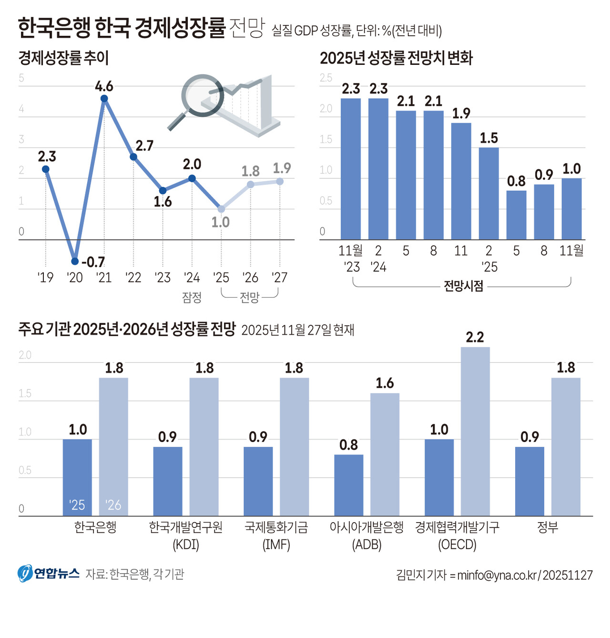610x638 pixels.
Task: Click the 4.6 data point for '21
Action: [x=104, y=99]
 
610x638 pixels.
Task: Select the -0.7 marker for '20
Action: [x=75, y=261]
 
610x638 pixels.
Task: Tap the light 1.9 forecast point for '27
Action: [x=280, y=181]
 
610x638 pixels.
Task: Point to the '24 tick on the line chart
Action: [x=192, y=278]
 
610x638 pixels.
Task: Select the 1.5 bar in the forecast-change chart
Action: [x=488, y=193]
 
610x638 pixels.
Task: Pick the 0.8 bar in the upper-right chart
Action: [x=516, y=215]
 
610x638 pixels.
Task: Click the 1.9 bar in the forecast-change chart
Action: [x=461, y=181]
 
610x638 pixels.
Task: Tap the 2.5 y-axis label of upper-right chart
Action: [x=326, y=78]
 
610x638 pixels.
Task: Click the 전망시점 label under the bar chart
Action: [x=463, y=286]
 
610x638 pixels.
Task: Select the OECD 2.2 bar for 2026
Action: [x=475, y=432]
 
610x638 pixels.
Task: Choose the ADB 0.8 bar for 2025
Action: [x=348, y=485]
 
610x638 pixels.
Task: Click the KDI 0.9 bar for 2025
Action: [x=167, y=481]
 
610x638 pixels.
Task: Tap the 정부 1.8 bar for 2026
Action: [x=566, y=447]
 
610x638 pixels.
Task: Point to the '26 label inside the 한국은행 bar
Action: [x=113, y=505]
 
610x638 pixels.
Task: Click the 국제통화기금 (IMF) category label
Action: [x=276, y=535]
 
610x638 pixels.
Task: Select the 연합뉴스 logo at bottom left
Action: [x=49, y=574]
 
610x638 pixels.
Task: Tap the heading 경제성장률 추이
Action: [x=63, y=58]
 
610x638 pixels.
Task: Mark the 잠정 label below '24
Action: [x=192, y=298]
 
